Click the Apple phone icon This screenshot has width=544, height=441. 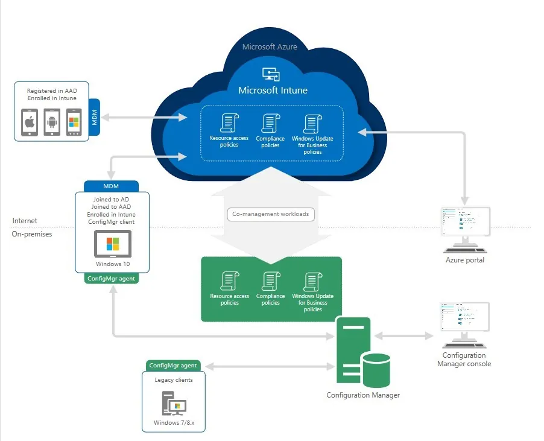click(30, 122)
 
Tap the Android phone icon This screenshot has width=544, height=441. click(52, 122)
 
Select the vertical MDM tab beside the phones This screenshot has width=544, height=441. click(94, 117)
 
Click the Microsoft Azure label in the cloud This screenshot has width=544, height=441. click(270, 47)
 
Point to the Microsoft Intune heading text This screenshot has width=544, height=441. click(273, 90)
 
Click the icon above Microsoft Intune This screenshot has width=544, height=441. click(271, 74)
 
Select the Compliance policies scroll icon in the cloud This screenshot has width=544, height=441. click(271, 124)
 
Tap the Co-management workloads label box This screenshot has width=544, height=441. click(271, 214)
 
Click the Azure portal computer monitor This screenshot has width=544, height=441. click(465, 230)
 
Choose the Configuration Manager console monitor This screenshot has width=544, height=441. click(464, 325)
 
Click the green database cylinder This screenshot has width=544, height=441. click(376, 370)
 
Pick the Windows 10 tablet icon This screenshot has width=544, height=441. click(113, 244)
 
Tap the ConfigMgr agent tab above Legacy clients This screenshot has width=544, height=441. click(173, 366)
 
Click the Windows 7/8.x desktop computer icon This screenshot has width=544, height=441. click(174, 403)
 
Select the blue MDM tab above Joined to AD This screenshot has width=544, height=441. click(111, 186)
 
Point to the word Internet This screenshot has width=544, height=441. click(25, 221)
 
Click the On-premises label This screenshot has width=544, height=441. click(32, 234)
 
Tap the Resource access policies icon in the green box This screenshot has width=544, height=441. click(230, 281)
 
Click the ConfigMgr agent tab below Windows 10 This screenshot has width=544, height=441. click(111, 278)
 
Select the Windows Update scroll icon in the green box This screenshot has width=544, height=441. click(313, 282)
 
